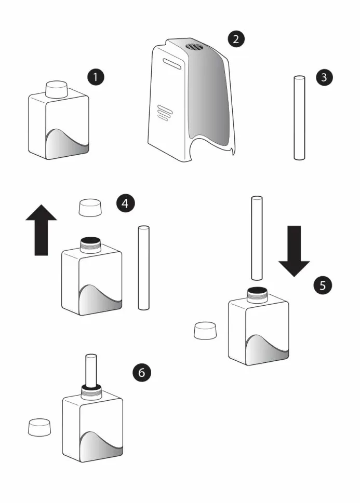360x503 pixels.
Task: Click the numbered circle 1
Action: tap(96, 77)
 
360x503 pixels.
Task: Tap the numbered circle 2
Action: tap(236, 39)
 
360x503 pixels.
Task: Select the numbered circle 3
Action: tap(324, 77)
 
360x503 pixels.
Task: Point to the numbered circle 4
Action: tap(125, 203)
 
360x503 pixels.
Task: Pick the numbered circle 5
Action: tap(323, 285)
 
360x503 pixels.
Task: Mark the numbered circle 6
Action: tap(141, 372)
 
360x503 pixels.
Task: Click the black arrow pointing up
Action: tap(41, 229)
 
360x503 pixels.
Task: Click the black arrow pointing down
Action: tap(294, 251)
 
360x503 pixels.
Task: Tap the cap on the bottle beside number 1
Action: tap(57, 89)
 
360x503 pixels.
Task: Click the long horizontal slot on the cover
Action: tap(172, 63)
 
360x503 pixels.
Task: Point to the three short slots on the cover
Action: tap(165, 113)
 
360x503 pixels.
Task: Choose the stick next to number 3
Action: tap(299, 118)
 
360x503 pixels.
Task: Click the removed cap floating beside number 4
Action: tap(90, 208)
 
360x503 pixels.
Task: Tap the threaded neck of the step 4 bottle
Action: tap(90, 246)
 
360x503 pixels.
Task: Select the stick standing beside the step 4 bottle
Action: tap(143, 268)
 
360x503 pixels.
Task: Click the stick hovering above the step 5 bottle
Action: tap(256, 238)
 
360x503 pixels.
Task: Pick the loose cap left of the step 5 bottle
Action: tap(205, 331)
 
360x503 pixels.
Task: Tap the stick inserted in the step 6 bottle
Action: tap(91, 370)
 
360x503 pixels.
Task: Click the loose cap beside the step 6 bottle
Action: tap(39, 427)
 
